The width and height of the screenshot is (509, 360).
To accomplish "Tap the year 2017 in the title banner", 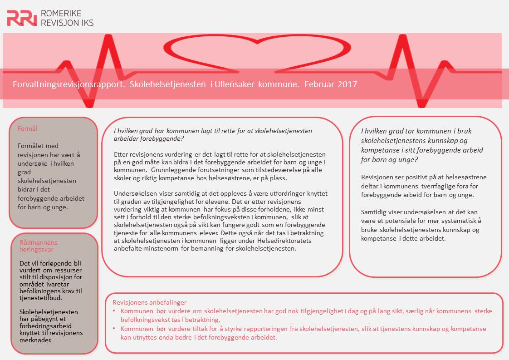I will click(347, 84).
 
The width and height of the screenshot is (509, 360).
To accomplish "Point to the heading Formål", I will click(28, 128).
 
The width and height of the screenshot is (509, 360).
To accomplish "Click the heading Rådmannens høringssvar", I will click(39, 246).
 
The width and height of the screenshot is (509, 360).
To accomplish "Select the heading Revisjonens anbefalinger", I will click(149, 302).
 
